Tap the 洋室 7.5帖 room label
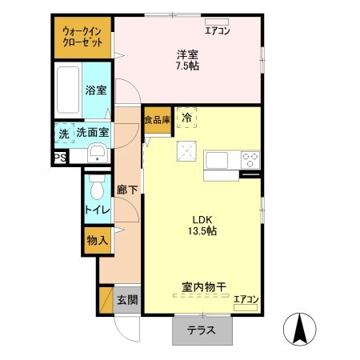point(188,60)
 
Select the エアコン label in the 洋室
point(217,31)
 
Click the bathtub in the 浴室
point(69,93)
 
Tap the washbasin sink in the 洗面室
point(98,154)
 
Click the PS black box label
point(60,158)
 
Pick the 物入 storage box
point(97,240)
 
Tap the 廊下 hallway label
point(126,190)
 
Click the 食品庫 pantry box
point(157,120)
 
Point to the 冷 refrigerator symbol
point(186,118)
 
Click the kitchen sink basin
point(218,160)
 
